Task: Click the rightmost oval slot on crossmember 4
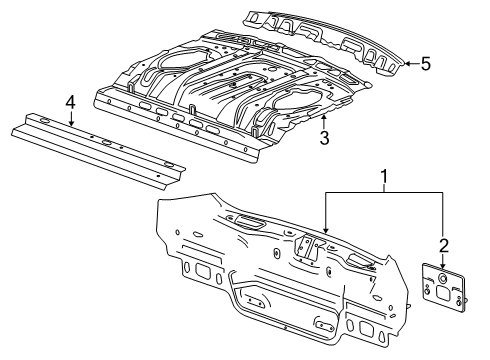pyautogui.click(x=170, y=165)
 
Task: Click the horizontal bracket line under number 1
pyautogui.click(x=384, y=196)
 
